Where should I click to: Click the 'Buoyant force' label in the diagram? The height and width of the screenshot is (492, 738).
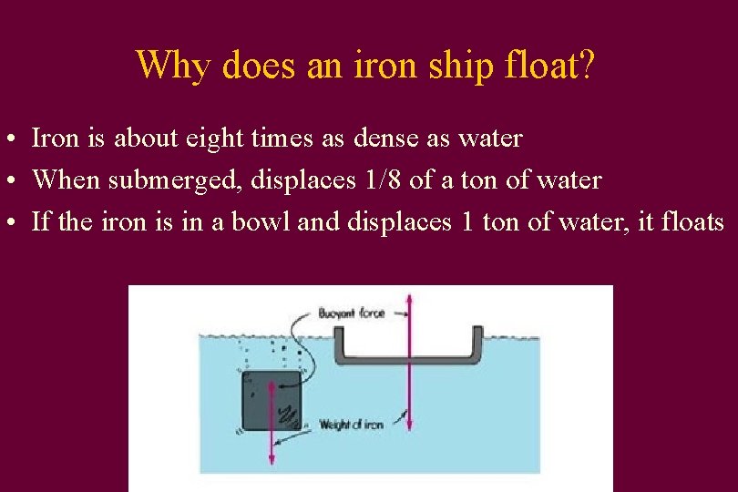(x=351, y=313)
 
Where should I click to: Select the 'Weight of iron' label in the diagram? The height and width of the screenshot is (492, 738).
(x=351, y=425)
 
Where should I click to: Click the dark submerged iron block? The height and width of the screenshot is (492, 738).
(x=272, y=401)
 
